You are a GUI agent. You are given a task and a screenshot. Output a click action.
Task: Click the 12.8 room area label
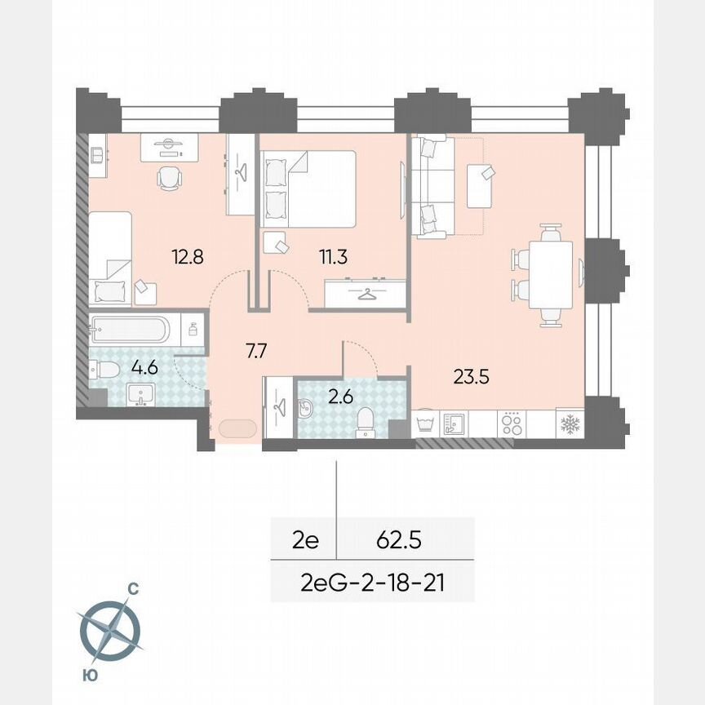click(x=188, y=257)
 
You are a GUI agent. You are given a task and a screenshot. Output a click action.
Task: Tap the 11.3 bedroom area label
click(x=333, y=257)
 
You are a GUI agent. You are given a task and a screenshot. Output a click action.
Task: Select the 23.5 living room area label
click(x=471, y=377)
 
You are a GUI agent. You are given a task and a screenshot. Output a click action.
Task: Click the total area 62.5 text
click(x=398, y=539)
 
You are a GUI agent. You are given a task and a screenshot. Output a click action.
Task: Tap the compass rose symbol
click(x=110, y=630)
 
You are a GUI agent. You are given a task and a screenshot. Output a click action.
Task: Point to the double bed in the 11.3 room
click(x=308, y=188)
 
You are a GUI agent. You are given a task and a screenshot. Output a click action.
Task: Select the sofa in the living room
click(x=431, y=188)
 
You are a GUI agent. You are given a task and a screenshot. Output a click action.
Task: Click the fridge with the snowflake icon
click(x=568, y=423)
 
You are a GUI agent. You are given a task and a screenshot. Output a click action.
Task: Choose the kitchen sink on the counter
click(x=454, y=423)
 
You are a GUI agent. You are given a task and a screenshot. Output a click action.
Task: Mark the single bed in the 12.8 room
click(x=110, y=256)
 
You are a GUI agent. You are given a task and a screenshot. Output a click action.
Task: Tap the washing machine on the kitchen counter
click(x=425, y=423)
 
